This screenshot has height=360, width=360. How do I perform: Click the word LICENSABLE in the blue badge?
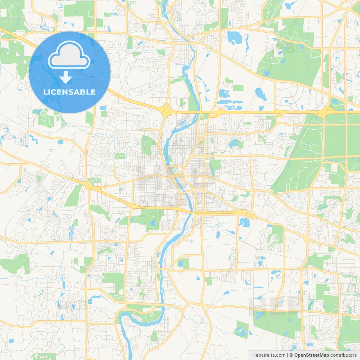click(x=69, y=92)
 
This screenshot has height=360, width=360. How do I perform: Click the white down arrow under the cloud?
click(x=66, y=77)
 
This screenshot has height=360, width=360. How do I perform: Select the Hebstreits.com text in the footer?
click(x=269, y=355)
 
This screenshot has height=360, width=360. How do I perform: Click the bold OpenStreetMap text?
click(x=311, y=355)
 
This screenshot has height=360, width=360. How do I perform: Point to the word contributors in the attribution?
click(x=343, y=355)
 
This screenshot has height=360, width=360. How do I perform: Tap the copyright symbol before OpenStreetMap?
click(x=291, y=355)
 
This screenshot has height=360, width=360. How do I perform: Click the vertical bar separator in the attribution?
click(x=287, y=355)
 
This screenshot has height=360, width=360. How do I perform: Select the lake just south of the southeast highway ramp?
click(x=244, y=222)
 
